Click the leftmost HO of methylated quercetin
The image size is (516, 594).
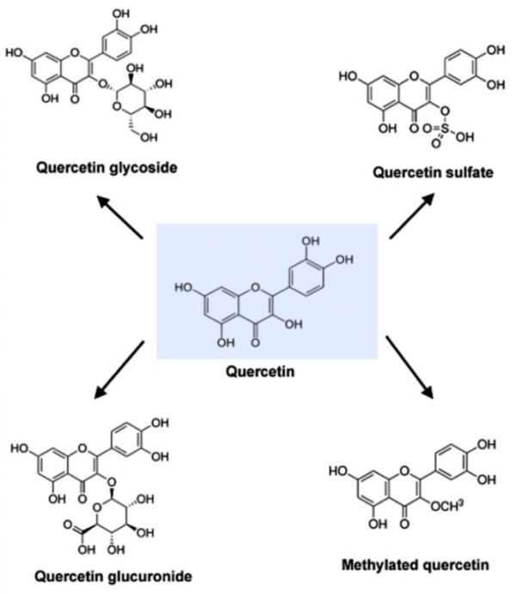[x=340, y=470]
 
